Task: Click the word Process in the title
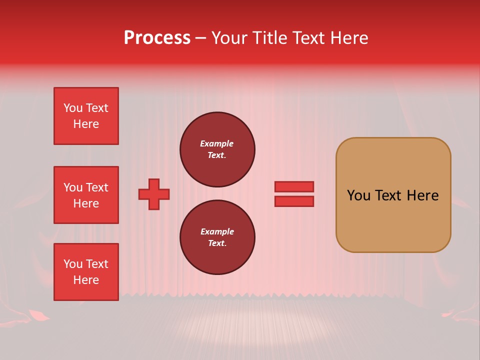[157, 38]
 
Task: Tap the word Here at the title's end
[348, 38]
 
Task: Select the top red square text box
[86, 116]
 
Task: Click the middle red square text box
[86, 195]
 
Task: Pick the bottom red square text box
[86, 272]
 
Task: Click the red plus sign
[154, 194]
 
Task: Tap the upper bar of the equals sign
[294, 186]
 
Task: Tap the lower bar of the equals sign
[294, 201]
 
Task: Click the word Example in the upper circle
[217, 143]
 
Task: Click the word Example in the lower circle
[217, 231]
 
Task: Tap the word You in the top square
[73, 108]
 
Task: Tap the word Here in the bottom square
[86, 280]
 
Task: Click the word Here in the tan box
[422, 195]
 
